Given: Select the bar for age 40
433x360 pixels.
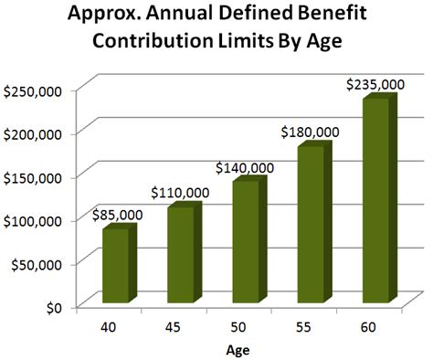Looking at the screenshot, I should [x=116, y=267].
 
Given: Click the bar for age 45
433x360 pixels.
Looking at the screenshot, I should [x=181, y=256].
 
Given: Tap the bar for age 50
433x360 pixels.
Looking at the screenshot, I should [x=246, y=243].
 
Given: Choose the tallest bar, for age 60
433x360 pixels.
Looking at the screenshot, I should [x=376, y=201].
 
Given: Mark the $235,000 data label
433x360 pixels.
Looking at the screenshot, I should [x=375, y=84].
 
